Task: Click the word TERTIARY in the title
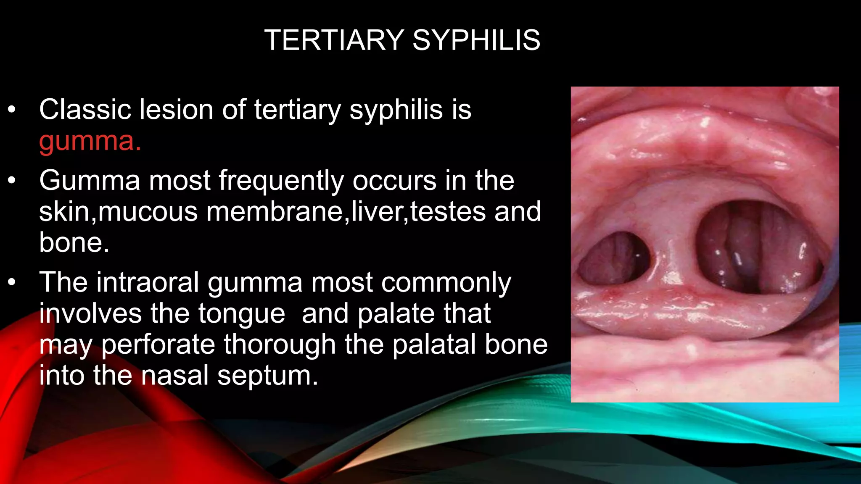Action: pos(334,40)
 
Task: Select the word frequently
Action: pos(281,181)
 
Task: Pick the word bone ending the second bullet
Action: pos(74,242)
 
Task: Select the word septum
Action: pos(267,375)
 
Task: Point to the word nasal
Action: pos(175,375)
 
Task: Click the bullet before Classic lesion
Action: pos(11,110)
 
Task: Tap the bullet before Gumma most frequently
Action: pos(11,181)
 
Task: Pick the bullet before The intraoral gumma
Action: pos(11,282)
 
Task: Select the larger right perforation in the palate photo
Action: pos(757,248)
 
